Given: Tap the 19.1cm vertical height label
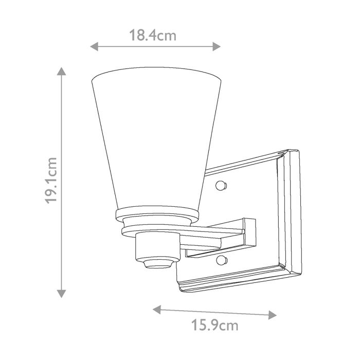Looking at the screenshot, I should pyautogui.click(x=52, y=180).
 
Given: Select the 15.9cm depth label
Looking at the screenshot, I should pyautogui.click(x=215, y=325).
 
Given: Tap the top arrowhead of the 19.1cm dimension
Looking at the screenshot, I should pyautogui.click(x=62, y=71).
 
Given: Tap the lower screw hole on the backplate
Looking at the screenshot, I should pyautogui.click(x=222, y=259).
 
